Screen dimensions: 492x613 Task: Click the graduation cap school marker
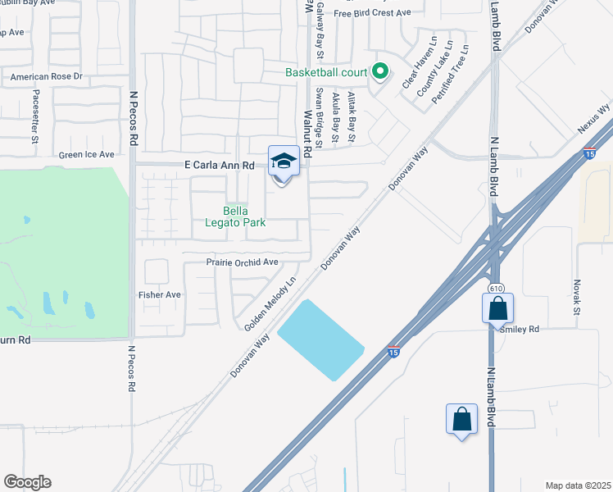point(283,162)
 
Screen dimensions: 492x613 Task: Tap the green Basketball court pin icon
point(379,72)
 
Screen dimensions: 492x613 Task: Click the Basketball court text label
point(326,72)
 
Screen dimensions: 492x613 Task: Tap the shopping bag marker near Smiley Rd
point(497,311)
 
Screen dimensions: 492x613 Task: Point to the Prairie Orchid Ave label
point(242,262)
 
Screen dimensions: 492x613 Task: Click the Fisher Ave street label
point(160,294)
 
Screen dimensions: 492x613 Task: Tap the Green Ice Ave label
point(86,154)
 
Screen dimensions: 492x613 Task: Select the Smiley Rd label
point(522,329)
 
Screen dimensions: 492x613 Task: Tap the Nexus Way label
point(594,120)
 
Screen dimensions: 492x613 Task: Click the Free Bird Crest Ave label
point(371,13)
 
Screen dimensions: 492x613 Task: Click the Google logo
point(27,481)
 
